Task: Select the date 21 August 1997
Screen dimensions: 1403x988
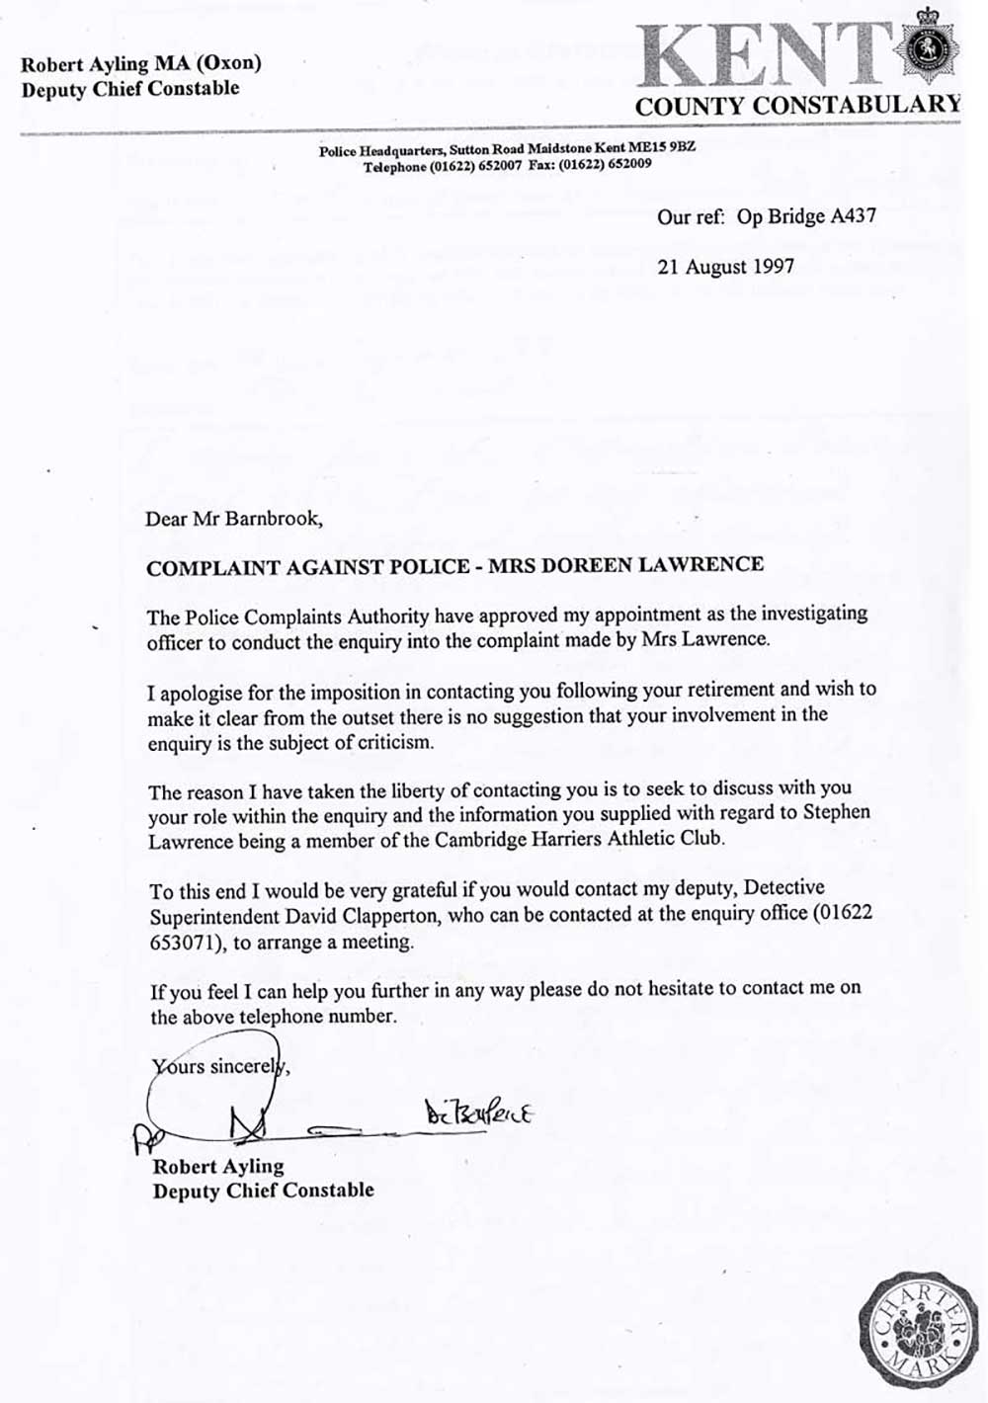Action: (x=725, y=267)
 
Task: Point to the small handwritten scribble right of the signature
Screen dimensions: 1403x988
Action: (x=479, y=1114)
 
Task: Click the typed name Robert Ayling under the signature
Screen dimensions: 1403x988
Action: (x=217, y=1167)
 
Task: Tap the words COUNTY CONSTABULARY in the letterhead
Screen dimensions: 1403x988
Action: (x=797, y=106)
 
